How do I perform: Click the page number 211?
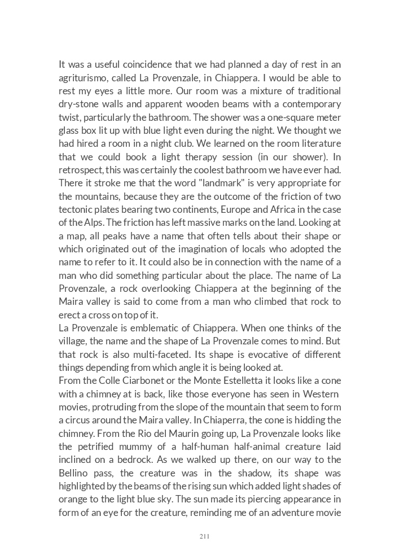(x=204, y=536)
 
